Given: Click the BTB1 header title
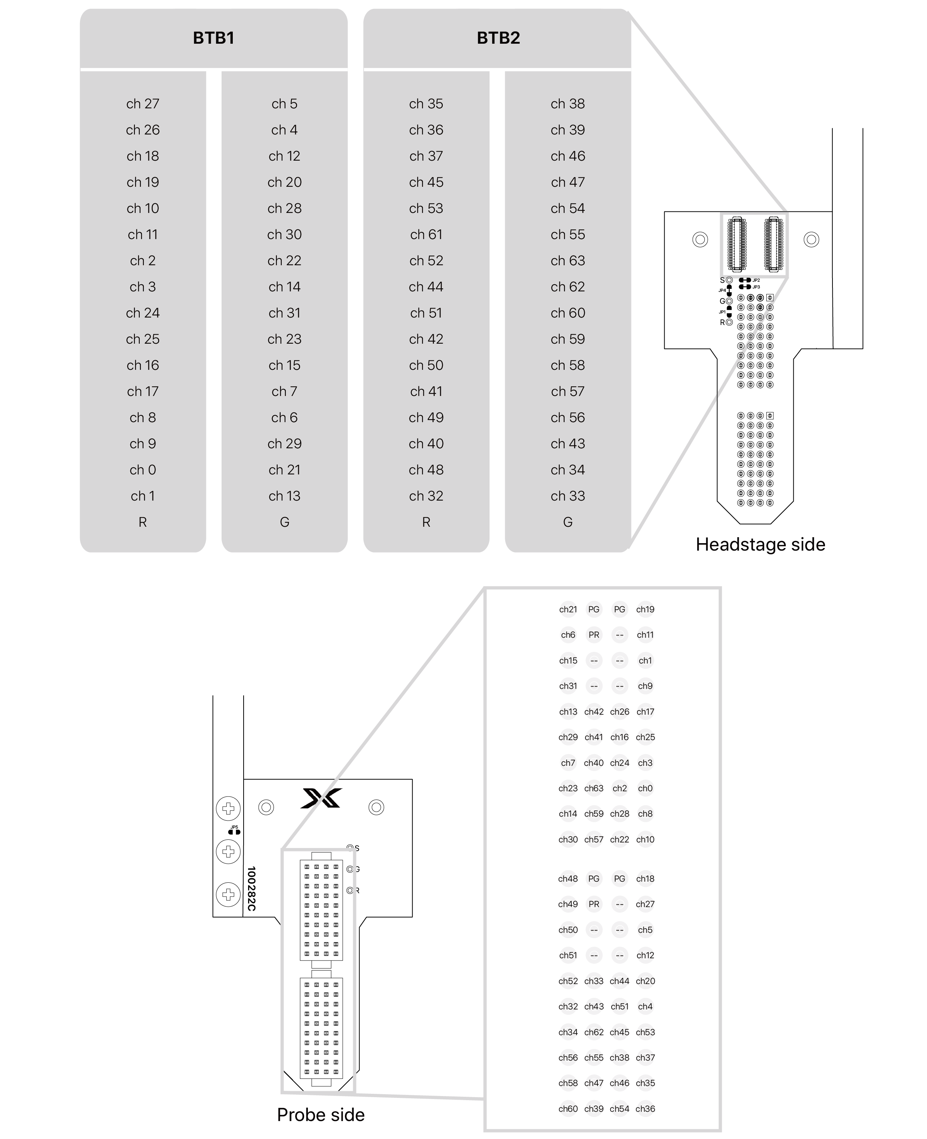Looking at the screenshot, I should tap(214, 38).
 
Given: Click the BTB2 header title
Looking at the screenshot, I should tap(498, 38).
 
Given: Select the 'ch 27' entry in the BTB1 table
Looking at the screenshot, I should tap(143, 103).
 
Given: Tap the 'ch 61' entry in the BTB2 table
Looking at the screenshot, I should tap(426, 234).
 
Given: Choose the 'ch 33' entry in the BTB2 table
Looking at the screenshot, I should tap(568, 496).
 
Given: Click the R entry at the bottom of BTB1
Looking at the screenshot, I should tap(143, 522).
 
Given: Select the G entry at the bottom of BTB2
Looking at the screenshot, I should tap(568, 522).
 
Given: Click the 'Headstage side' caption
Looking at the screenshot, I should tap(760, 544).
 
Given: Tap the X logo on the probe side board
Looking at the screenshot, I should tap(321, 798).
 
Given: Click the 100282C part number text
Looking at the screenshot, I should tap(251, 889).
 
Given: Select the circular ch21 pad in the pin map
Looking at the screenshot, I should tap(568, 609).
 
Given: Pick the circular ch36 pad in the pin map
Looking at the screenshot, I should tap(645, 1109).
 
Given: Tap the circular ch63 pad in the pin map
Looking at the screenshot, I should tap(594, 788).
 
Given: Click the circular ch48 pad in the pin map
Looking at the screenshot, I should tap(568, 879).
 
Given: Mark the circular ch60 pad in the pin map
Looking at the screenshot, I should tap(568, 1109).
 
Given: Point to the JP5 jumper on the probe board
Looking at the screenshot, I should tap(234, 830).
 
